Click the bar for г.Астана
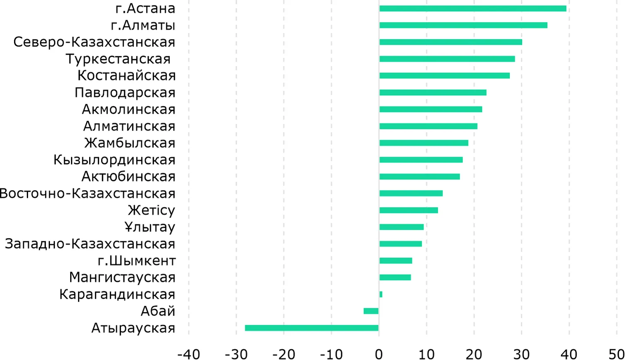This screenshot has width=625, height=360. [x=473, y=9]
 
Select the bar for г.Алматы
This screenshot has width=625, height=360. [x=463, y=25]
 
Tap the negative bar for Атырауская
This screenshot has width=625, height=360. [x=311, y=328]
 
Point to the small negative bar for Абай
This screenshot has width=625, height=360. [x=371, y=311]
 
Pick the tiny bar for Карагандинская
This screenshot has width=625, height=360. [x=381, y=294]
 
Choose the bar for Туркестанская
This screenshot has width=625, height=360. [x=447, y=59]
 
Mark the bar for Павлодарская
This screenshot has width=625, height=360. [x=433, y=93]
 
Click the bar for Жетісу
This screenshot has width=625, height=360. [x=409, y=210]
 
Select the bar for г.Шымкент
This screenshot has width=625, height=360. [x=396, y=260]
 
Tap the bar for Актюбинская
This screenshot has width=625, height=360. [x=420, y=176]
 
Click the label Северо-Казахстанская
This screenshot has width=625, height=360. [x=94, y=42]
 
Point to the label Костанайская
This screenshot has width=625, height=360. [x=126, y=76]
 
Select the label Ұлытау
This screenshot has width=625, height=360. [x=150, y=227]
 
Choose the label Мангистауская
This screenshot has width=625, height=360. [x=122, y=277]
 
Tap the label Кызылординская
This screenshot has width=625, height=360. [x=114, y=160]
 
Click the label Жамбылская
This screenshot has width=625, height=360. [x=130, y=143]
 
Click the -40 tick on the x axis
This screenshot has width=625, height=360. [x=188, y=354]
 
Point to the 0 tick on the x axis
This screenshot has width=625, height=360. [x=379, y=354]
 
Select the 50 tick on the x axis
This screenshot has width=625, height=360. [x=616, y=354]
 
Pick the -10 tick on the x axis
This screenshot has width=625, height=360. [x=331, y=354]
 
